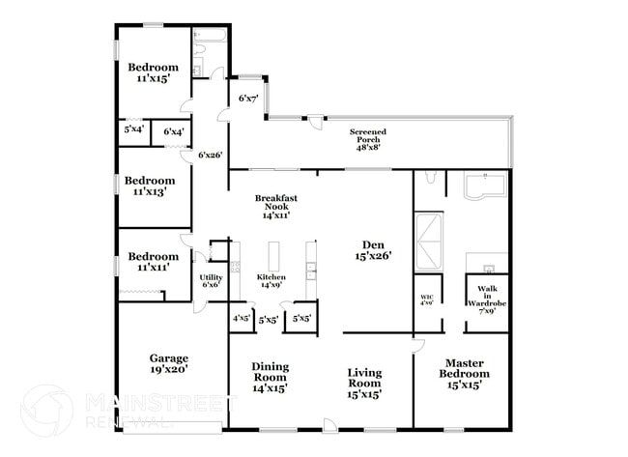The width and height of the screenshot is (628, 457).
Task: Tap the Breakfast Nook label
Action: (x=275, y=207)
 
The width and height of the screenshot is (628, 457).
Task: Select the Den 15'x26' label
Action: (x=372, y=250)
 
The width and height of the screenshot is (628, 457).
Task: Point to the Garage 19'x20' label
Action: (x=168, y=362)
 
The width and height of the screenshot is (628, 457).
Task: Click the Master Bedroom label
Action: (x=460, y=374)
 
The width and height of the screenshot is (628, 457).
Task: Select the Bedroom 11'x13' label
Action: (x=150, y=186)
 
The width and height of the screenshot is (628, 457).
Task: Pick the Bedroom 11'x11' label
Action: (x=150, y=262)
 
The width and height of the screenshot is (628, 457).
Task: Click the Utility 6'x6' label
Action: (x=211, y=280)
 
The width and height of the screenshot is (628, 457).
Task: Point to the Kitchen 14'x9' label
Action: (x=271, y=281)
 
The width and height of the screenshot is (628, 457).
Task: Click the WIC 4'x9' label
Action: (x=427, y=300)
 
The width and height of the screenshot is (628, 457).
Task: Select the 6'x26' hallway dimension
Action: (x=210, y=155)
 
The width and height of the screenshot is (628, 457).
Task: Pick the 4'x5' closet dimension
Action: (x=241, y=318)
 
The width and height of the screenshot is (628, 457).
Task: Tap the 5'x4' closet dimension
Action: (x=133, y=129)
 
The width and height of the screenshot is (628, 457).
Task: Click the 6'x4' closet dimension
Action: (x=174, y=131)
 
